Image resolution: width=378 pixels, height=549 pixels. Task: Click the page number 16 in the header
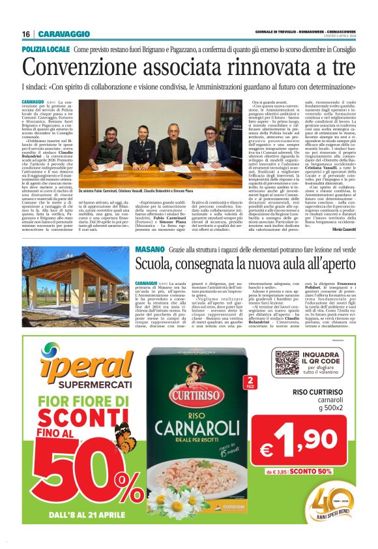pos(26,34)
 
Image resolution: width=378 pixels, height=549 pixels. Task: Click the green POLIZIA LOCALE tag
pos(46,50)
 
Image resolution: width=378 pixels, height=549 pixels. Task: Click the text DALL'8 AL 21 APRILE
pos(76,515)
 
